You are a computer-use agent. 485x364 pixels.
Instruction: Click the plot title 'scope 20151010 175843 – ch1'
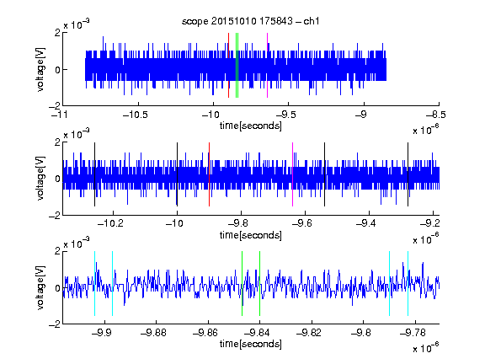coord(250,21)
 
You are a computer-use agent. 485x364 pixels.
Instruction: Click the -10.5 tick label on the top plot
coord(136,115)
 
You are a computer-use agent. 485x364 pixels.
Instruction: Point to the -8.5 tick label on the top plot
coord(436,115)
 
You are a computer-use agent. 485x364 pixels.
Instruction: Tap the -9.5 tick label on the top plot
coord(285,115)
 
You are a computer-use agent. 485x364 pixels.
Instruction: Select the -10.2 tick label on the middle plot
coord(110,222)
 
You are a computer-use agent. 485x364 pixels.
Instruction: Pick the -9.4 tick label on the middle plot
coord(365,222)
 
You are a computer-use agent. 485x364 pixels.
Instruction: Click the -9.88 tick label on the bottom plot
coord(153,333)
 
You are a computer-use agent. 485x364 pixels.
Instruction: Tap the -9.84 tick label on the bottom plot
coord(257,333)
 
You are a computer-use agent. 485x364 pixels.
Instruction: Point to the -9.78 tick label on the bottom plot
coord(413,333)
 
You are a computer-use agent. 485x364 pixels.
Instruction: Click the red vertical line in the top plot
coord(228,66)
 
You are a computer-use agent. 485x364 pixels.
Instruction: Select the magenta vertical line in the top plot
coord(267,66)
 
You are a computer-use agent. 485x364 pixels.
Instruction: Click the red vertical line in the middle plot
coord(209,174)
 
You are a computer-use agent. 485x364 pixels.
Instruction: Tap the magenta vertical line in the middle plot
coord(293,174)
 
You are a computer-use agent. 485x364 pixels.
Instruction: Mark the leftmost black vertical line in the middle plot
coord(94,174)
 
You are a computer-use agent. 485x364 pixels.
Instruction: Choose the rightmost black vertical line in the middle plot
coord(408,174)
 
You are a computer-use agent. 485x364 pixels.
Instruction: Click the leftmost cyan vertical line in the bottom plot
coord(94,283)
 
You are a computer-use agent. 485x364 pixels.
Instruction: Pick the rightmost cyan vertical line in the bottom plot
coord(408,283)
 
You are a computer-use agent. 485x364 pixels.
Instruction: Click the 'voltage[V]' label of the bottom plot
coord(40,287)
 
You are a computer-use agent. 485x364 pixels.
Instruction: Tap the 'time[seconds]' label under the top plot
coord(251,126)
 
